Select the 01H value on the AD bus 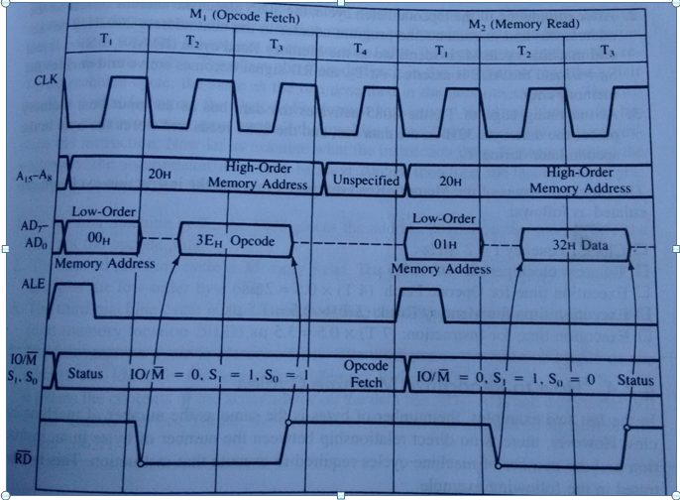point(436,240)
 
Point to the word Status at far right point(634,380)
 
